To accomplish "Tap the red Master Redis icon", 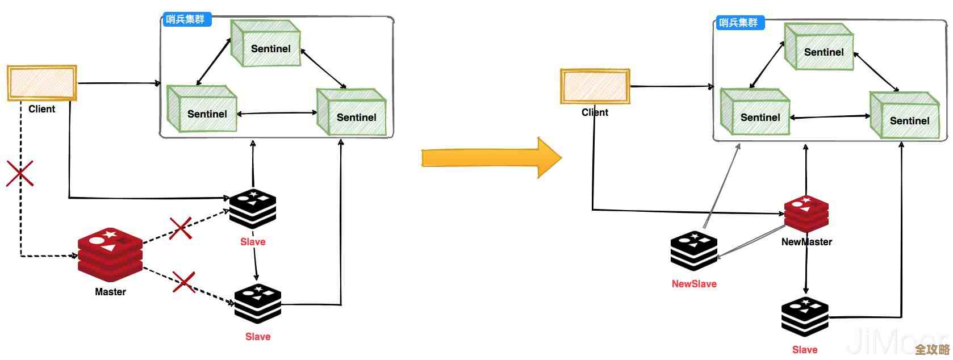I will (x=110, y=255).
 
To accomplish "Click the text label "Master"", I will (x=110, y=292).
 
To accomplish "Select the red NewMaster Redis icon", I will (x=806, y=214).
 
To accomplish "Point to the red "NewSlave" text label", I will (x=694, y=284).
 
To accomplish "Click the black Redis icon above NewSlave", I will (x=693, y=250).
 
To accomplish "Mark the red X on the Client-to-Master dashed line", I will (x=20, y=173).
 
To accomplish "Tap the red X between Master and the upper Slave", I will (x=181, y=228).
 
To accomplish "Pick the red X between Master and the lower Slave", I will (x=183, y=282).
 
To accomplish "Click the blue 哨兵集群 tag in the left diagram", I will (x=185, y=19).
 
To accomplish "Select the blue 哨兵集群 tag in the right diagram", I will (x=738, y=23).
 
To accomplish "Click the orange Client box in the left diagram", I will (x=42, y=83).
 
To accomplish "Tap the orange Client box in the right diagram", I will (x=595, y=86).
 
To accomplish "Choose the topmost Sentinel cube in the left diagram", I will (x=266, y=43).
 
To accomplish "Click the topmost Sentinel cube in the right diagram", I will (x=819, y=47).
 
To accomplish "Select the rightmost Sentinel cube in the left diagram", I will (x=352, y=112).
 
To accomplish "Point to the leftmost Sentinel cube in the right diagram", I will (x=755, y=112).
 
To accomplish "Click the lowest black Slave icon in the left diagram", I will (x=258, y=304).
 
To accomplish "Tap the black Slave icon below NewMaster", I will (x=805, y=317).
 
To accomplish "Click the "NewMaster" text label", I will (x=806, y=242).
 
